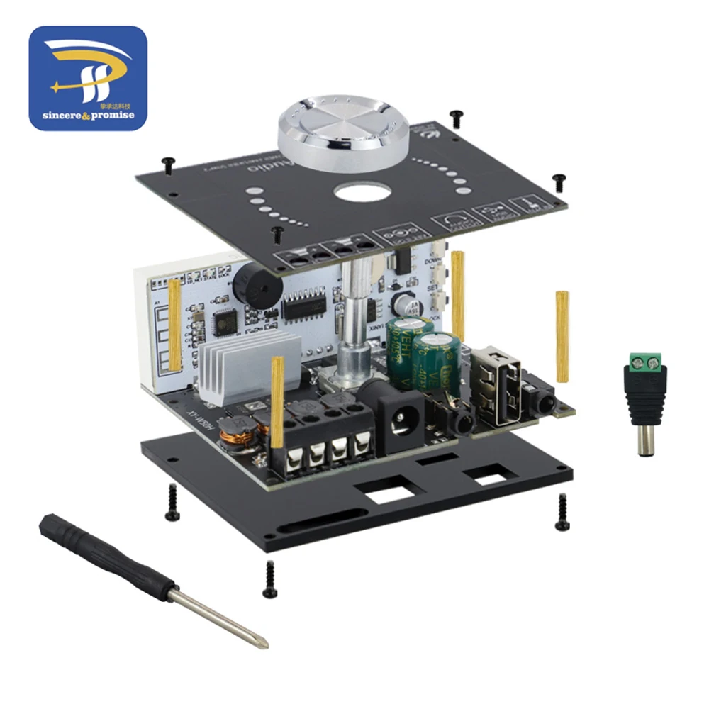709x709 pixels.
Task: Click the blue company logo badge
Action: coord(88,78)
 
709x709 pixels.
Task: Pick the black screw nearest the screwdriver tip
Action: coord(269,578)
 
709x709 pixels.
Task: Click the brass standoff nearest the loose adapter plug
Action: coord(563,333)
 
